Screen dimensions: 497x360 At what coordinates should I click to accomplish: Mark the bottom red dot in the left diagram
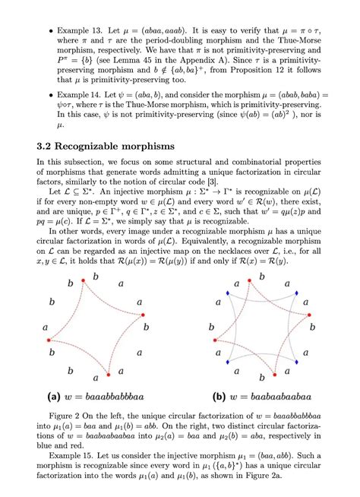point(109,375)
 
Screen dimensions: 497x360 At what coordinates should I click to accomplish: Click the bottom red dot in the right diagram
point(254,375)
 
